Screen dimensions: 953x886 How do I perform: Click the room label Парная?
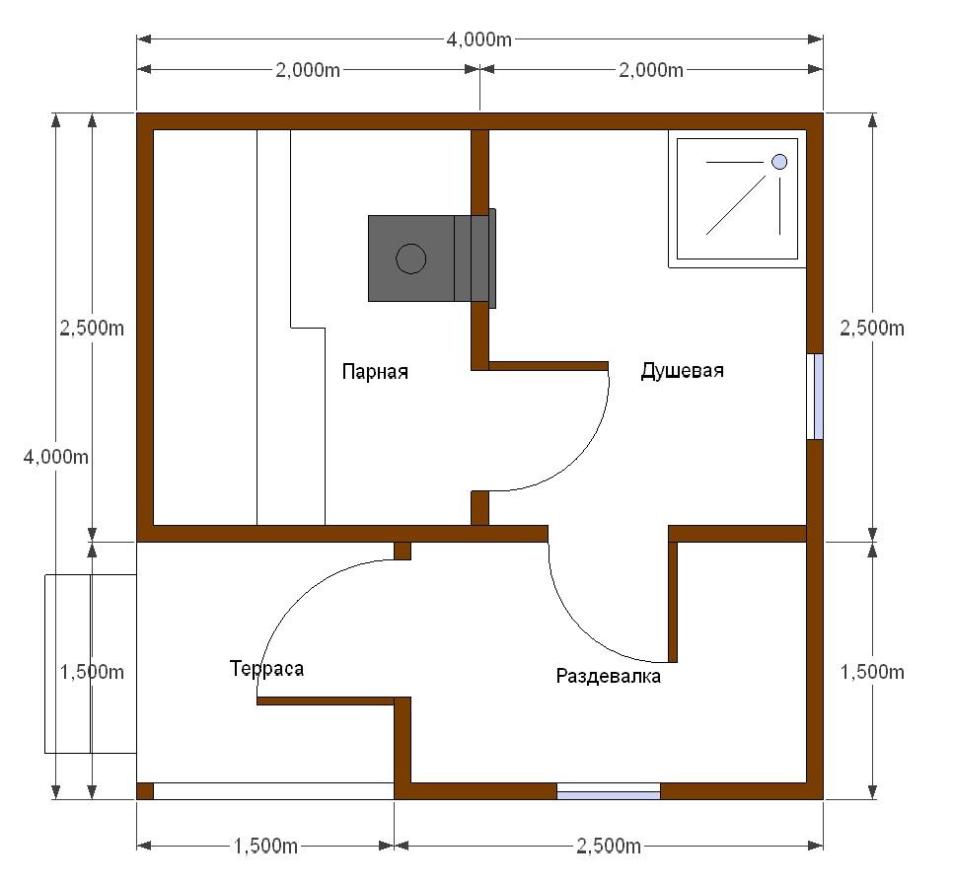click(375, 371)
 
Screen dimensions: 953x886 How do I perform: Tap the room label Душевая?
click(682, 370)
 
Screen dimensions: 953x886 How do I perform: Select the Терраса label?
click(266, 669)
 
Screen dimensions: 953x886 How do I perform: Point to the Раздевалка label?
click(609, 677)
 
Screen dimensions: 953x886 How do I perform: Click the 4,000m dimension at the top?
click(479, 39)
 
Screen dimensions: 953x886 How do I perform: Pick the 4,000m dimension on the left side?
click(56, 457)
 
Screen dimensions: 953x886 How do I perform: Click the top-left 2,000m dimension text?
click(308, 70)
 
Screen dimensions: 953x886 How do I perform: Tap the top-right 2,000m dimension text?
click(651, 70)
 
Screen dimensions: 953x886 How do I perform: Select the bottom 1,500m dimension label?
click(265, 846)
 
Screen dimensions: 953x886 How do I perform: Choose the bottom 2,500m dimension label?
click(609, 846)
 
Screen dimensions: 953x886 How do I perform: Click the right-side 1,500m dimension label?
click(872, 672)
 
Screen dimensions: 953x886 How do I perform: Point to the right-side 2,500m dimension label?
click(872, 329)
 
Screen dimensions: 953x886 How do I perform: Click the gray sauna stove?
click(432, 258)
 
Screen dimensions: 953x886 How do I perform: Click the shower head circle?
click(779, 162)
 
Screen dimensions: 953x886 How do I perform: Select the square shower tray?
click(737, 198)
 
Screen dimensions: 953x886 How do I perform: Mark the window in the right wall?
click(815, 397)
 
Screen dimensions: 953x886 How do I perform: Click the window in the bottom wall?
click(609, 791)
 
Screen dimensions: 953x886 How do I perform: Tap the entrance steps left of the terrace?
click(91, 664)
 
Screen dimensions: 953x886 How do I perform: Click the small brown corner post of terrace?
click(145, 791)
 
